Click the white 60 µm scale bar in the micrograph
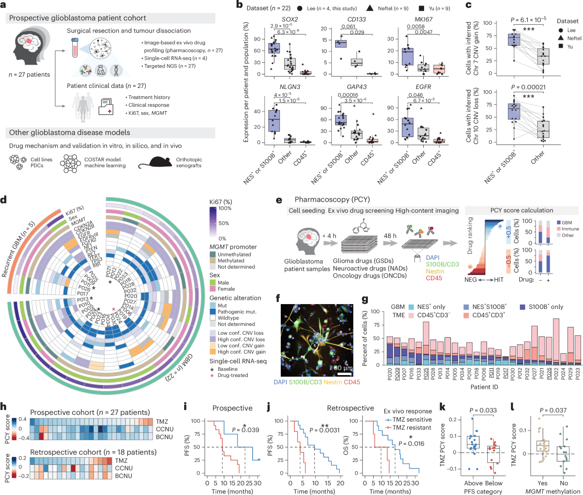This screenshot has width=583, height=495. [345, 374]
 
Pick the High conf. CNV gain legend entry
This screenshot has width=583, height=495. [241, 352]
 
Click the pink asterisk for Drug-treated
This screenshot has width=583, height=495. [212, 375]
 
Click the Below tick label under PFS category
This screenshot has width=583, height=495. [494, 483]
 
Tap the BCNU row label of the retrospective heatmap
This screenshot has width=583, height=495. [165, 476]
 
